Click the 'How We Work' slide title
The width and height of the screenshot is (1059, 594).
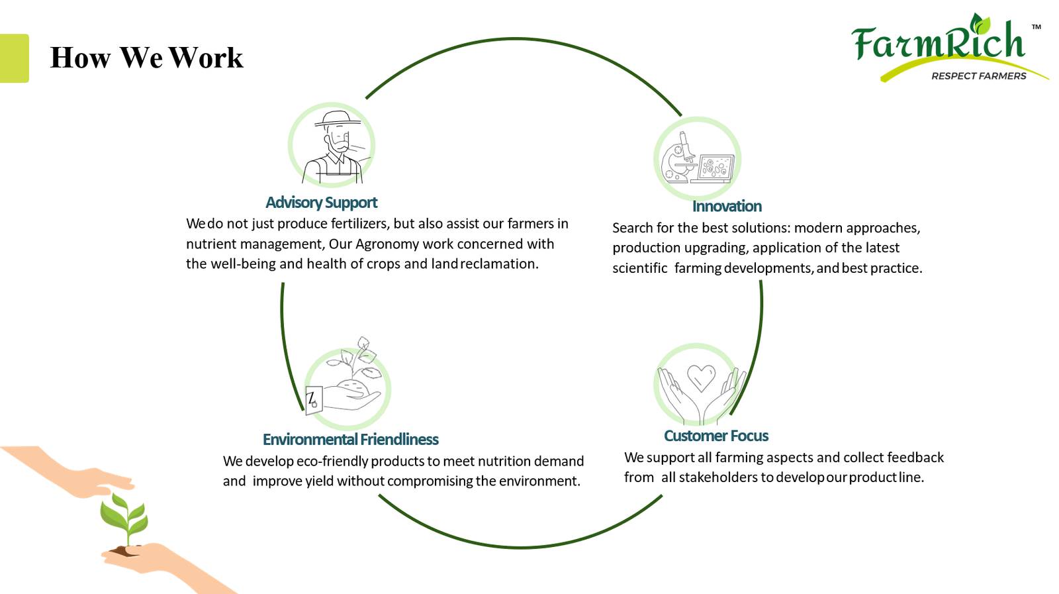[x=146, y=58]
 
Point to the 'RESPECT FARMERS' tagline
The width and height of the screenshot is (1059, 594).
[x=978, y=76]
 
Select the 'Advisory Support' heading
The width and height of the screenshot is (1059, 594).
[x=321, y=203]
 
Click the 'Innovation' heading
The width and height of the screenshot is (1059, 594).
[x=727, y=207]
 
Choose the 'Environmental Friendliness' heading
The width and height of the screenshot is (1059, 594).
[x=350, y=440]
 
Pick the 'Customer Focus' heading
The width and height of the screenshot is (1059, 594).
[x=715, y=436]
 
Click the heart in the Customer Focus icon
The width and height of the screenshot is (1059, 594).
[x=701, y=377]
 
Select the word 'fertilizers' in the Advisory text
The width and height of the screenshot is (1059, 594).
[x=361, y=224]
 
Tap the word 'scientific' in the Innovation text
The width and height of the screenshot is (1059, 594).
[x=639, y=268]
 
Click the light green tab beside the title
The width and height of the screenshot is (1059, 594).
[x=14, y=58]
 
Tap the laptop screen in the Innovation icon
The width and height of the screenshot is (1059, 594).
[x=716, y=166]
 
